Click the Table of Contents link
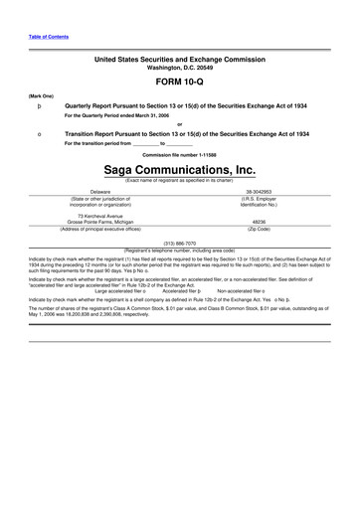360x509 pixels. pos(49,36)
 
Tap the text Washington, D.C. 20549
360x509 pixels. pos(179,67)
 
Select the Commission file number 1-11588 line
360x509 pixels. pos(179,155)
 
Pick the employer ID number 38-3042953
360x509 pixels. pos(259,190)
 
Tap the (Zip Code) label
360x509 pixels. pos(259,229)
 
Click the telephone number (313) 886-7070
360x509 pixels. pos(179,243)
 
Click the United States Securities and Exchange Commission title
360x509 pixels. pos(179,60)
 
